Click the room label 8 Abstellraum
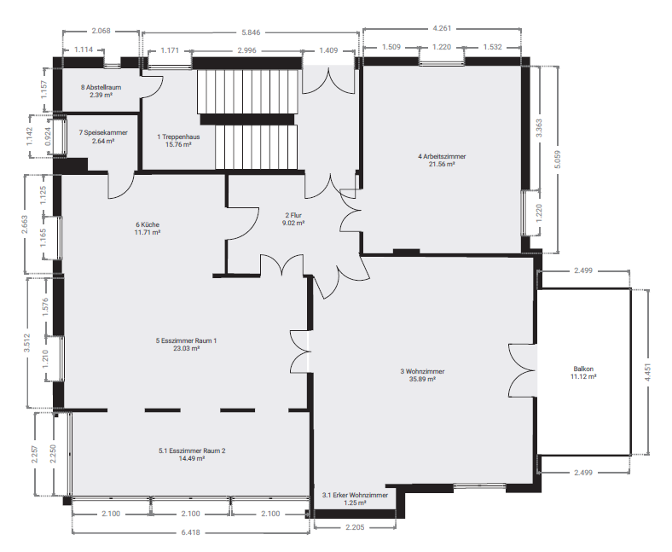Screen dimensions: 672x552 pos(101,87)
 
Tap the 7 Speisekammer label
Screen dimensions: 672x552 pos(103,132)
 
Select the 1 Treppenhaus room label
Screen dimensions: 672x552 pos(178,137)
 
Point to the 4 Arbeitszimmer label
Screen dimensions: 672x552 pos(442,156)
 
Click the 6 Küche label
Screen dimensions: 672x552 pos(148,224)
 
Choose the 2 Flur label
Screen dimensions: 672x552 pos(293,215)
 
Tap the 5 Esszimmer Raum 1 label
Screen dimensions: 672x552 pos(187,340)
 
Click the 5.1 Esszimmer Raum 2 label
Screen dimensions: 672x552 pos(192,450)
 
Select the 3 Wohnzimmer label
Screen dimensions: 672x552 pos(423,371)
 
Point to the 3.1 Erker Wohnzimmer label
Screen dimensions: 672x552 pos(356,496)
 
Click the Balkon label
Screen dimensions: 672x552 pos(583,369)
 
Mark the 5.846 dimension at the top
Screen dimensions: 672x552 pos(251,32)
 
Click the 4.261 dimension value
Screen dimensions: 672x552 pos(442,28)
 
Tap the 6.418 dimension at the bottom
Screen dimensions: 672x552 pos(191,532)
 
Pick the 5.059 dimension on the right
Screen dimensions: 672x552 pos(557,160)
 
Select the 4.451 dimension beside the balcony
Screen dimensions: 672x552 pos(647,372)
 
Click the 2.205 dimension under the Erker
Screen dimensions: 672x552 pos(355,527)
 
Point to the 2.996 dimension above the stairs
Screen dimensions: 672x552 pos(246,50)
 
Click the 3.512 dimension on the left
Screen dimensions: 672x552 pos(27,343)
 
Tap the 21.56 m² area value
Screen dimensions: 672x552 pos(442,164)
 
